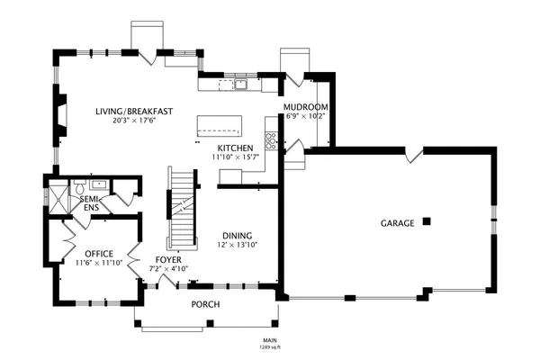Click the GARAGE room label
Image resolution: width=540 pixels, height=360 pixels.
[397, 223]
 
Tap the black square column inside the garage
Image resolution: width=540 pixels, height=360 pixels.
[427, 221]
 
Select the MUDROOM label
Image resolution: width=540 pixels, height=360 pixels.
[305, 107]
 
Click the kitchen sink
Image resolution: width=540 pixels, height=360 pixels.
[240, 84]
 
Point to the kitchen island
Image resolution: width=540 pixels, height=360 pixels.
[220, 126]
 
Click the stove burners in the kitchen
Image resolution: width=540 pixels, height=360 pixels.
[271, 141]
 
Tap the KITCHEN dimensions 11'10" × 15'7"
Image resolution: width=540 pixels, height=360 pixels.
[236, 157]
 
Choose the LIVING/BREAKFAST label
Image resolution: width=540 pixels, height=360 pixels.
[134, 112]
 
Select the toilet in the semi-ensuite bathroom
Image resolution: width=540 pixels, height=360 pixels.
[80, 187]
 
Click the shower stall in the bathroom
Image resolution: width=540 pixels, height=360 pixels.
[58, 200]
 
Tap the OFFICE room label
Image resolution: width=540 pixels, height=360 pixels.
[99, 254]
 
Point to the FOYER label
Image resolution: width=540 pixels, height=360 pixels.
[168, 260]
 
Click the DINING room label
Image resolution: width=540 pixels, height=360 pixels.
[238, 236]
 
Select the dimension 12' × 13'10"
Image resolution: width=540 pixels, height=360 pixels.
[238, 245]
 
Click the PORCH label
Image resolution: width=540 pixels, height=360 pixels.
[205, 304]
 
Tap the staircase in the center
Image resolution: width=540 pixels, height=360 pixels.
[182, 209]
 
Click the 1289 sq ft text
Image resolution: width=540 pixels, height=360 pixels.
[270, 347]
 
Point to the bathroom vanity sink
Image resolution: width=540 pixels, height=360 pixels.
[100, 184]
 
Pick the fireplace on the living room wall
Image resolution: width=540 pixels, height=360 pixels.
[59, 115]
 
